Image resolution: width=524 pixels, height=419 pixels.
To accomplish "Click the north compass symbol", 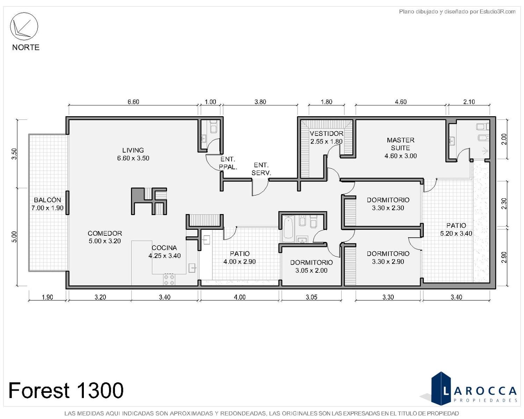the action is coord(24,26).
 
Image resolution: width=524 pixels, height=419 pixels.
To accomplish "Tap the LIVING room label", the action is coord(133,150).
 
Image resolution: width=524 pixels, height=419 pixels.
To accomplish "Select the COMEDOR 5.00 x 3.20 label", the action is coord(105,237).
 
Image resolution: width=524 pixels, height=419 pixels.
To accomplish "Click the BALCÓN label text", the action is coord(47,200).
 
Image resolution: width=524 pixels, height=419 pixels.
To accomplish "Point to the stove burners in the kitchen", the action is coord(169,280).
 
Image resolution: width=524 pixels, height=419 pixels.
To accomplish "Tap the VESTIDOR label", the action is coord(326,133).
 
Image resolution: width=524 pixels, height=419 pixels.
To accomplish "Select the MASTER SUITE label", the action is coord(401,144).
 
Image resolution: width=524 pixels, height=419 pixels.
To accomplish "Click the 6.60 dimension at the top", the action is coord(133,102).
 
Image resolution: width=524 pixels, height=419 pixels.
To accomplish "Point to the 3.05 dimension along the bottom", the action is coord(311,297).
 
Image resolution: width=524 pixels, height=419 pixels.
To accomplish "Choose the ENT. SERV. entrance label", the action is coord(261,169).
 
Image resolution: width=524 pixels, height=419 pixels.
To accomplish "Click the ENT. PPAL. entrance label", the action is coord(228,163).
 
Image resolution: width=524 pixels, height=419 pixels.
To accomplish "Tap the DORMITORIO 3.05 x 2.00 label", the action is coord(311,266).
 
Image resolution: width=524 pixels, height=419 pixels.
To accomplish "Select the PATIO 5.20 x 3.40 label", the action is coord(456,229).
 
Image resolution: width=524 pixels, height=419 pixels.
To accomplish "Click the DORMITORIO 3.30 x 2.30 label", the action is coord(388,204).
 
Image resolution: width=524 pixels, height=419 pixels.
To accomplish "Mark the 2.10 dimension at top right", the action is coord(469,102).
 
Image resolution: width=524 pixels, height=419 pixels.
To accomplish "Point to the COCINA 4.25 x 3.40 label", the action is coord(164,251).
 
